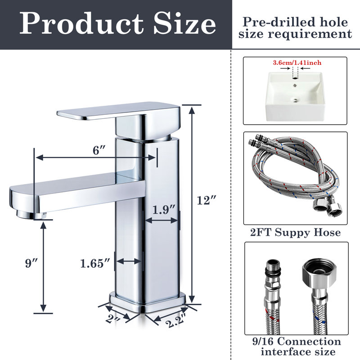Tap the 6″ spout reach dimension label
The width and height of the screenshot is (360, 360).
tap(96, 151)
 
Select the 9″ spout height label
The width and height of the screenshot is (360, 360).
tap(31, 264)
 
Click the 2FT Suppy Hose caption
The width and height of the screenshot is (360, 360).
tap(295, 233)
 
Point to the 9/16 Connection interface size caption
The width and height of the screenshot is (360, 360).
tap(295, 346)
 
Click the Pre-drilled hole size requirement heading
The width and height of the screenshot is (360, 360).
tap(295, 27)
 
